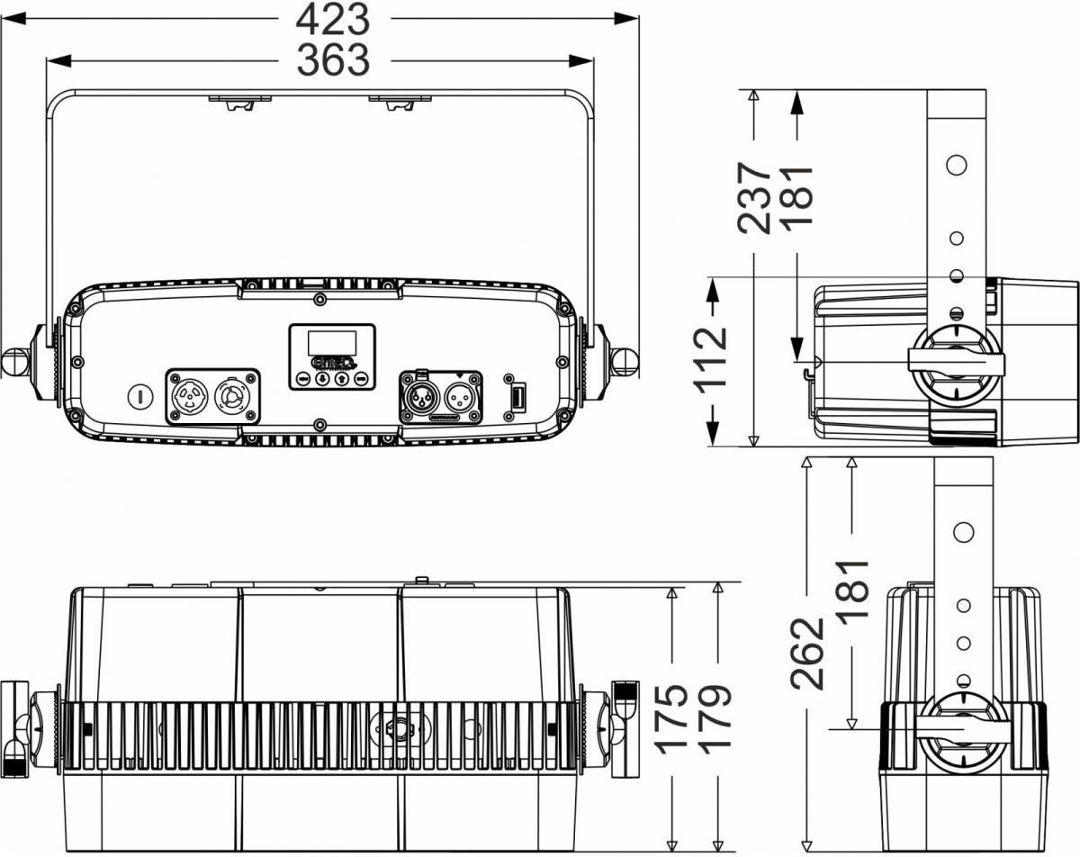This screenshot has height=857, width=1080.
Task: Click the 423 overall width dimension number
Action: pyautogui.click(x=333, y=19)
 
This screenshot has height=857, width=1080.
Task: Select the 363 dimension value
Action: pyautogui.click(x=333, y=60)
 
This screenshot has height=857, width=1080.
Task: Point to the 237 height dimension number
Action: pyautogui.click(x=754, y=199)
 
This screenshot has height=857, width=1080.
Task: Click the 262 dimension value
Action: pyautogui.click(x=807, y=653)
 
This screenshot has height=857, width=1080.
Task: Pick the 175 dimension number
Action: pyautogui.click(x=672, y=719)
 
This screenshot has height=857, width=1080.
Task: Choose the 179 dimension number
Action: pyautogui.click(x=715, y=719)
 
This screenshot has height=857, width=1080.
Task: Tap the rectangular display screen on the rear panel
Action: pyautogui.click(x=332, y=343)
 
